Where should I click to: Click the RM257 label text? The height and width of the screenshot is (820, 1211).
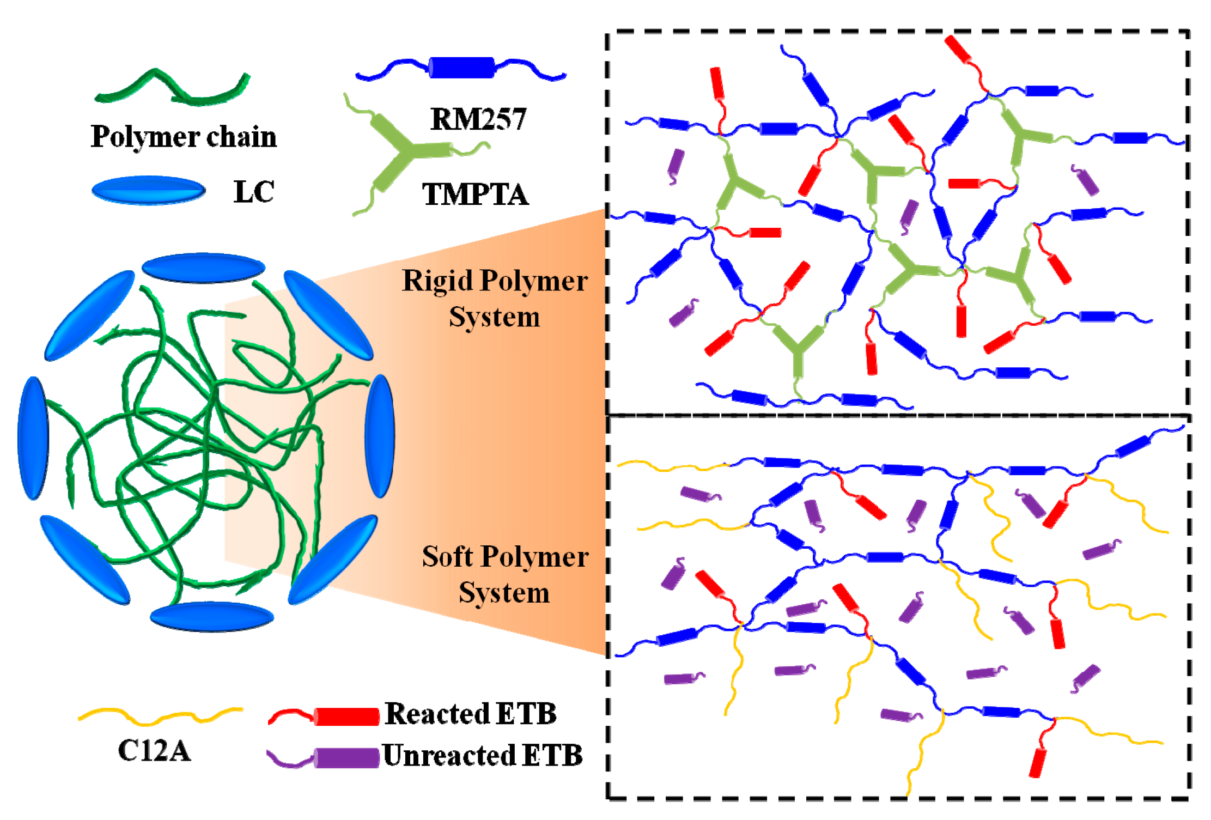point(478,119)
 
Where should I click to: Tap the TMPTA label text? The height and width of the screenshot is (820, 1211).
point(475,194)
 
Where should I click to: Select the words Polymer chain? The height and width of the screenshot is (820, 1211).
point(184,136)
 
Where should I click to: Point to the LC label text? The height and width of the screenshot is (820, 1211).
point(254,192)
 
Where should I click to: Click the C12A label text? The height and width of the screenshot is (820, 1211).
point(154,751)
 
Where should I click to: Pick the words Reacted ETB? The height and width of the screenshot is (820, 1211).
point(471,714)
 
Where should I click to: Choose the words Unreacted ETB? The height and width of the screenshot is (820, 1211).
point(483,756)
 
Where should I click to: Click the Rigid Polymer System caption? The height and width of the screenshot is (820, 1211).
point(495,298)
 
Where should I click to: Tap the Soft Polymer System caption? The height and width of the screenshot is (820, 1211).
point(505,574)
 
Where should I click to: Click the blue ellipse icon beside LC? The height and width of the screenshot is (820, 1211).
point(149,190)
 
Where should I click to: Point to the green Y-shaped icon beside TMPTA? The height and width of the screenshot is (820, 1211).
point(406,151)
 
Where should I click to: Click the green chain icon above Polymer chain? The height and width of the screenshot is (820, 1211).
point(172,88)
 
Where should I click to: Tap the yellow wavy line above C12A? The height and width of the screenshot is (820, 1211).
point(161,716)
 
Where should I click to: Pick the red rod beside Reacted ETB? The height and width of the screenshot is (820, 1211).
point(346,716)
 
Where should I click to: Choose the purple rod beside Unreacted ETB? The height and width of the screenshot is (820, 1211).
point(346,758)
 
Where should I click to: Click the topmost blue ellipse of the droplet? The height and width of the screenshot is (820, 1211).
point(203,268)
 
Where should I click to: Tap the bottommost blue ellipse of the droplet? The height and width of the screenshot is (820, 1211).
point(212,617)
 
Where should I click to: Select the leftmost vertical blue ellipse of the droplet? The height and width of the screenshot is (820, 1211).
point(33,438)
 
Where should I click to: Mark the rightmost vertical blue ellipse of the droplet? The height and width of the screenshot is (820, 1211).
point(379,435)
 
